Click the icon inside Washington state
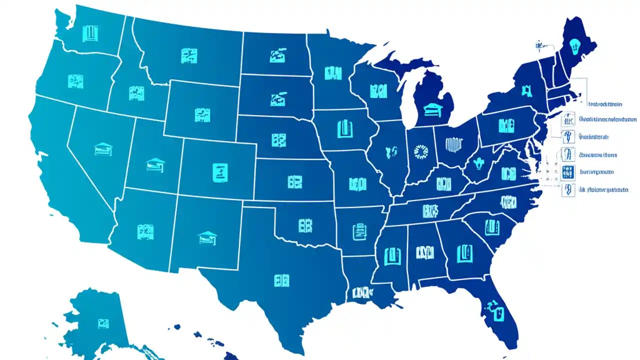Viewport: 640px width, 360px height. pos(90,33)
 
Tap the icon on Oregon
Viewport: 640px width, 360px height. pos(75,80)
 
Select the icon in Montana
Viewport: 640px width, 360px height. pos(189,55)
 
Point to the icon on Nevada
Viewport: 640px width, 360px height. pos(103,148)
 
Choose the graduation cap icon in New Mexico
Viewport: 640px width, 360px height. pos(207,237)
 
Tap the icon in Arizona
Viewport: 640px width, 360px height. pos(145,231)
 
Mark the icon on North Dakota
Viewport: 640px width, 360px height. pos(277,55)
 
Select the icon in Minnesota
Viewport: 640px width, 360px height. pos(332,73)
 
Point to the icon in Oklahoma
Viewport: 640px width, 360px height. pos(305,225)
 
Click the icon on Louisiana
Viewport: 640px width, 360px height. pos(361,292)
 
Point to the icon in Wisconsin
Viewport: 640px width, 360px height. pos(378,91)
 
